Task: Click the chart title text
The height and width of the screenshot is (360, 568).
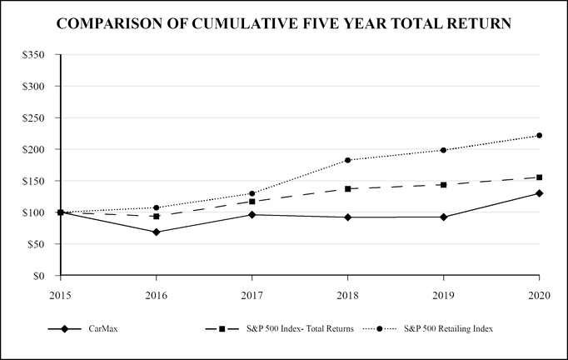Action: tap(284, 24)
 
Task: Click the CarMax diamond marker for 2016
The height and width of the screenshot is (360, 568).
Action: tap(156, 232)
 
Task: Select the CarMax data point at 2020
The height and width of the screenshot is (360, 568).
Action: tap(540, 193)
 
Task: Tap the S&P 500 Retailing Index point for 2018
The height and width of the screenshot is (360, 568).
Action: tap(347, 160)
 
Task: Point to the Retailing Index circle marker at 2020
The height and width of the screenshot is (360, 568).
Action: tap(540, 135)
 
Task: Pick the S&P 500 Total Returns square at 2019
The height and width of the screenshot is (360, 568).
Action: tap(444, 185)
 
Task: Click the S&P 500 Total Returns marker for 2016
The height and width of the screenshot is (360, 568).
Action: tap(156, 216)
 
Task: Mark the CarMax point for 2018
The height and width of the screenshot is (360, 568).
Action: tap(347, 217)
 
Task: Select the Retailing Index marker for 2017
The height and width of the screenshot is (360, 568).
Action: tap(252, 193)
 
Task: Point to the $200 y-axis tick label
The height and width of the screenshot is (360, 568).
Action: tap(34, 149)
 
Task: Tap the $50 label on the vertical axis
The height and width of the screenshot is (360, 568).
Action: tap(37, 244)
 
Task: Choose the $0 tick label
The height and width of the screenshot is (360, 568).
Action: tap(39, 276)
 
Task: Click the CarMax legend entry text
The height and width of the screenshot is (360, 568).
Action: tap(102, 329)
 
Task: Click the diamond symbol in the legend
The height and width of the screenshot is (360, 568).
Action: tap(58, 329)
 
